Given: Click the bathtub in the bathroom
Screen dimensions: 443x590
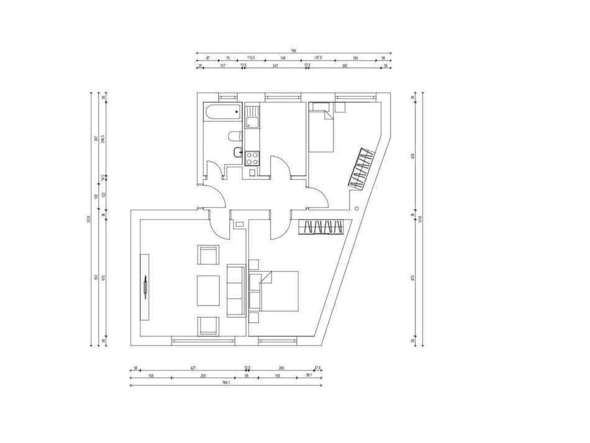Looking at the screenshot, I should (x=221, y=114).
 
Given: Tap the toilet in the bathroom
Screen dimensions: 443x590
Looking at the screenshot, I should (x=234, y=136).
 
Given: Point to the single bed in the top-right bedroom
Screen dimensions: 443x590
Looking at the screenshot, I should (x=321, y=128).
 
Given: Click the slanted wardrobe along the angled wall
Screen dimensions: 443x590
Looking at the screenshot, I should (x=360, y=168).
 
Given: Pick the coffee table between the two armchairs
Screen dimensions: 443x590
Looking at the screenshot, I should (x=208, y=290).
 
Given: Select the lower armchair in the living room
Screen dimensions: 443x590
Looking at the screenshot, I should (x=208, y=325).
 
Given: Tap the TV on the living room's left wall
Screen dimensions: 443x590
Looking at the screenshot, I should (x=144, y=286).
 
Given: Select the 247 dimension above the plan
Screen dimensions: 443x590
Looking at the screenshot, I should (x=276, y=65).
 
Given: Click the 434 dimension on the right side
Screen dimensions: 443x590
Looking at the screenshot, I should (x=412, y=156).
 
